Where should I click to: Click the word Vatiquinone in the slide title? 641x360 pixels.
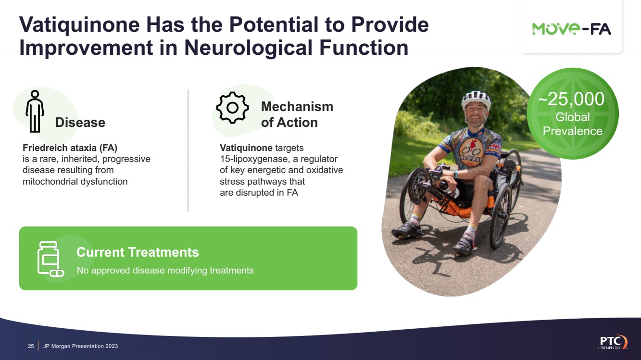tap(79, 25)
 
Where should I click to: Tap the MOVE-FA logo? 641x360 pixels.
tap(571, 29)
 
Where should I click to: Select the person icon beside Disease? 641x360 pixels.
tap(35, 111)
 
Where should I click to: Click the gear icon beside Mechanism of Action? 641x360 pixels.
tap(232, 108)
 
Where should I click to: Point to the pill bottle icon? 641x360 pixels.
tap(50, 259)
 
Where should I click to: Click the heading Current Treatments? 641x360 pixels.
tap(138, 252)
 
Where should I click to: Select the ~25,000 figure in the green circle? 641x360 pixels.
tap(571, 99)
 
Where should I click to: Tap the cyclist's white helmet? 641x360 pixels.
tap(476, 99)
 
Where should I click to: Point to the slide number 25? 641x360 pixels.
tap(31, 346)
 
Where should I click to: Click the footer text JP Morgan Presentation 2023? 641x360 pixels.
tap(80, 346)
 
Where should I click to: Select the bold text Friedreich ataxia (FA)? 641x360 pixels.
tap(70, 148)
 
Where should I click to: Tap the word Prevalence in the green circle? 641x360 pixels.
tap(573, 131)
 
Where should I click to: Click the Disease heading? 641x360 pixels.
tap(80, 123)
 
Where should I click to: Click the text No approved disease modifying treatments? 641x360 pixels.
tap(165, 271)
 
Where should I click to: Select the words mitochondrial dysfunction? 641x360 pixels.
tap(75, 182)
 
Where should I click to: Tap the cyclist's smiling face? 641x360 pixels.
tap(476, 115)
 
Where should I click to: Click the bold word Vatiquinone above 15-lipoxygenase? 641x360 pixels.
tap(246, 148)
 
